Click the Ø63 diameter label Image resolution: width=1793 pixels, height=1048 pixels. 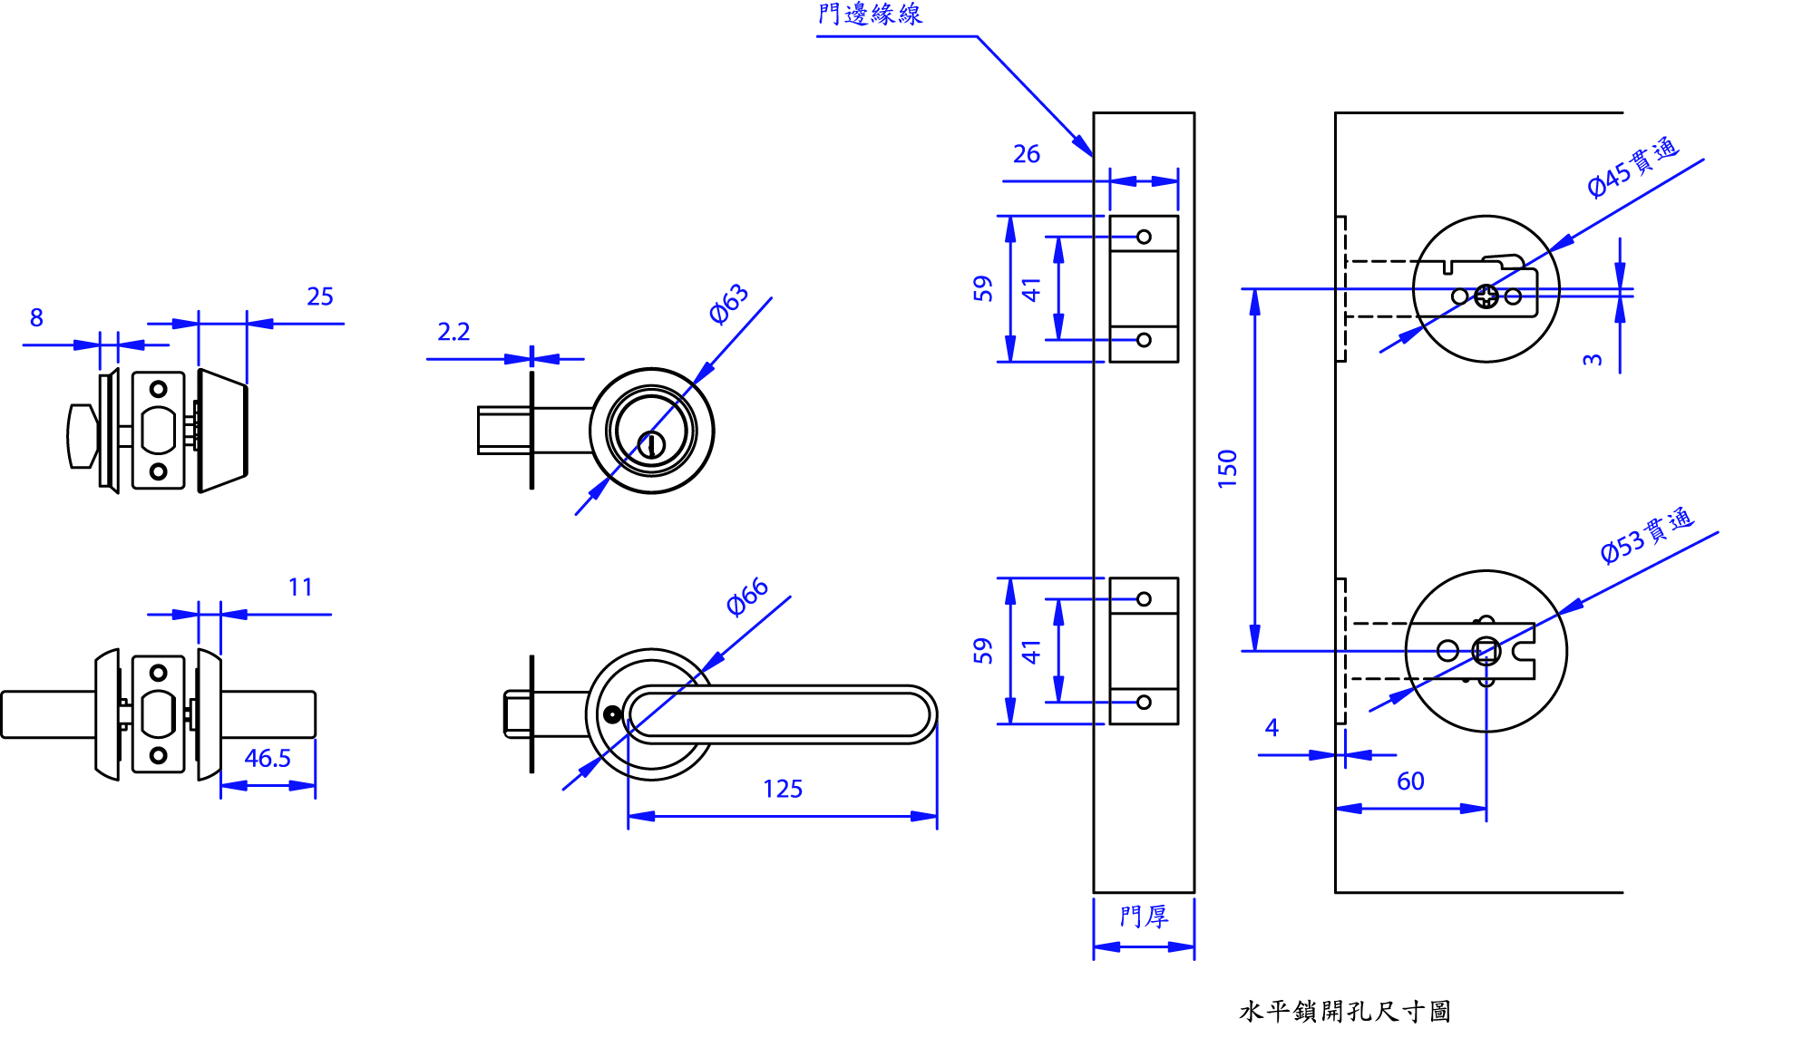(x=728, y=304)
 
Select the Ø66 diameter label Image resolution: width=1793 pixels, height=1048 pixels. (x=747, y=598)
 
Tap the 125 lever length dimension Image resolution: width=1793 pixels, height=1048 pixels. (x=783, y=789)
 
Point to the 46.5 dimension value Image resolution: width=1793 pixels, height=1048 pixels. (x=268, y=758)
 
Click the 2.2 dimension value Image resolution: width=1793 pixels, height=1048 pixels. (x=453, y=332)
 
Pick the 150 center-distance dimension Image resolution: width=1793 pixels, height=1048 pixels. (x=1227, y=469)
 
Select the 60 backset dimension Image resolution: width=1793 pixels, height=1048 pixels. (x=1410, y=781)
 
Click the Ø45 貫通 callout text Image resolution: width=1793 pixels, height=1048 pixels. (x=1632, y=168)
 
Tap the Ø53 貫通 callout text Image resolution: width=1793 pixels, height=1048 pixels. (x=1646, y=536)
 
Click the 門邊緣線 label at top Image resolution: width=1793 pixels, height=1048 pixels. (x=870, y=15)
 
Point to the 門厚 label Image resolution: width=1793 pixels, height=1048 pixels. (x=1144, y=917)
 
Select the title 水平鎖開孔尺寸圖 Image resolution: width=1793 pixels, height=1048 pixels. (x=1345, y=1011)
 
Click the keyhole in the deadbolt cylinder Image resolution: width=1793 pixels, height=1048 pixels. (x=651, y=444)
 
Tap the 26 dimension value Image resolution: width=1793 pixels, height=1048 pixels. (x=1027, y=154)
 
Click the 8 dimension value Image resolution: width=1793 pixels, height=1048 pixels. (x=36, y=317)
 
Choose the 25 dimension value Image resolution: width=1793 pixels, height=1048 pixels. (x=320, y=296)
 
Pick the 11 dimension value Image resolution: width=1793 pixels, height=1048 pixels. (x=300, y=587)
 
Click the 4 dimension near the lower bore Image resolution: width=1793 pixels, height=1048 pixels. (x=1272, y=727)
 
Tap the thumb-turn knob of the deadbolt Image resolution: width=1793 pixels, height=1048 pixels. (x=82, y=436)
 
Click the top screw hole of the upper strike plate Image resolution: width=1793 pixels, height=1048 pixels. (x=1144, y=237)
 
